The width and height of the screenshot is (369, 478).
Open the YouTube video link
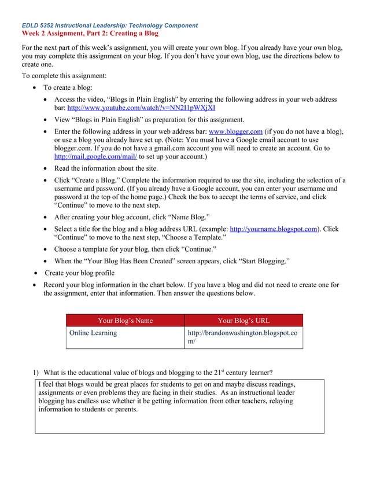click(x=141, y=108)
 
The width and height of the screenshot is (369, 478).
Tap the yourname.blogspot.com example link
click(x=274, y=229)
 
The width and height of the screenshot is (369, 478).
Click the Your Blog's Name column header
click(x=125, y=321)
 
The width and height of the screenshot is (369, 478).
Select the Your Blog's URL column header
click(x=243, y=321)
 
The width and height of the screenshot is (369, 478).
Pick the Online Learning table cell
click(x=93, y=333)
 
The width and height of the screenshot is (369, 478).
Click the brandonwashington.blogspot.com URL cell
click(x=243, y=337)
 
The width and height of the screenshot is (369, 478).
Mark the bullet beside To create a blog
click(x=36, y=88)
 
